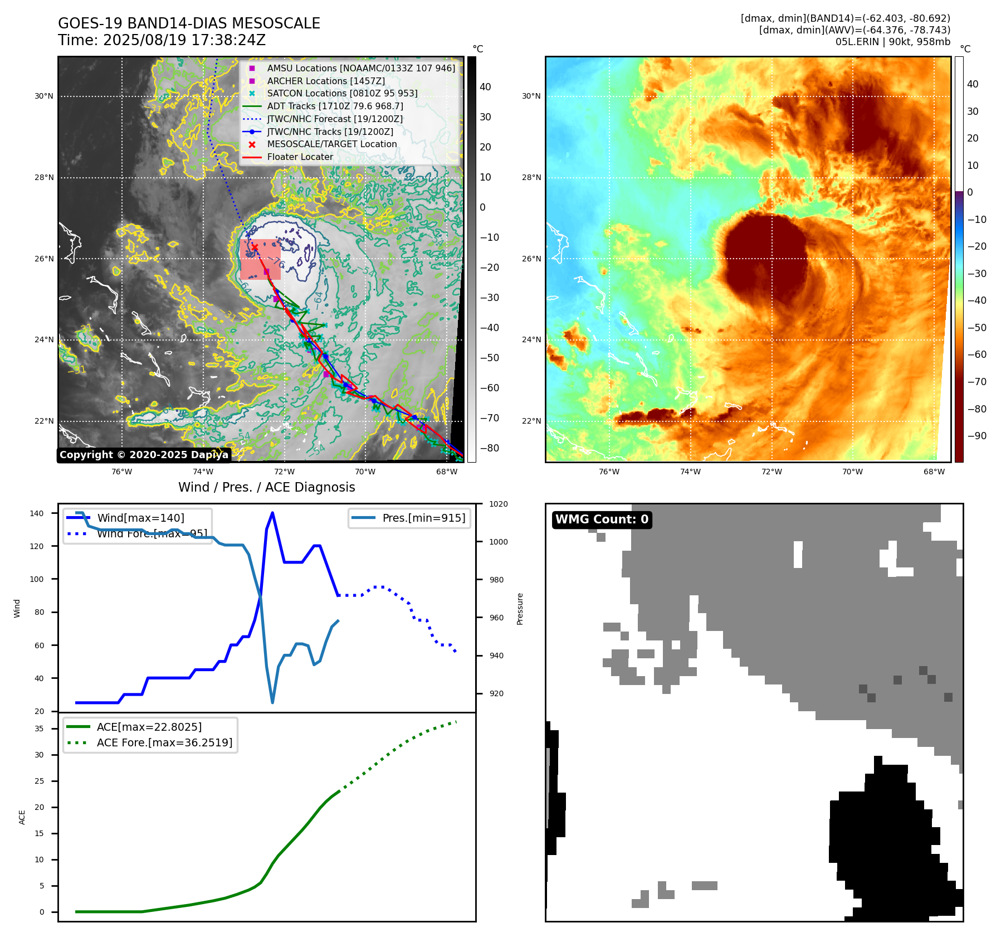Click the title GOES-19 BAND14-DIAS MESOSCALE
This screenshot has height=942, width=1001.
point(189,23)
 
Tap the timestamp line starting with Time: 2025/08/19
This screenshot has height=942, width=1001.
point(162,40)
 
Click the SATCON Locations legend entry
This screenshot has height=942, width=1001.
point(341,94)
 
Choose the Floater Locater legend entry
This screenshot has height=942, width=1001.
point(300,157)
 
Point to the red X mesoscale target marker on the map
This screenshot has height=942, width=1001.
point(255,247)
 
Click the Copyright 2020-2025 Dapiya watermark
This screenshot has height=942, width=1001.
point(144,455)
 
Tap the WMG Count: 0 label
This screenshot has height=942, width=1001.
point(602,519)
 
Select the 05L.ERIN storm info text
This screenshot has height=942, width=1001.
point(892,42)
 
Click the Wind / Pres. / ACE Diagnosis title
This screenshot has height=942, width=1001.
point(266,487)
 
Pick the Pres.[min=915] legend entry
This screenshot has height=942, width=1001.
point(423,518)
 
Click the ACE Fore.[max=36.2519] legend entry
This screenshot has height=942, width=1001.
point(164,742)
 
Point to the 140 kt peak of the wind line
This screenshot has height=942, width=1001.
point(272,513)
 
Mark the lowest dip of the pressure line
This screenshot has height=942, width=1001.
point(272,702)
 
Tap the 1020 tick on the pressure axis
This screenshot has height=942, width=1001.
point(499,504)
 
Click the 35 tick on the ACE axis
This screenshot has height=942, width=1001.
point(40,729)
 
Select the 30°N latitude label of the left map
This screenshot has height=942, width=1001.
point(44,96)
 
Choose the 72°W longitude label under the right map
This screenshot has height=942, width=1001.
point(771,472)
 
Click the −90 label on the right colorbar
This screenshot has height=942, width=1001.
point(976,436)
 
